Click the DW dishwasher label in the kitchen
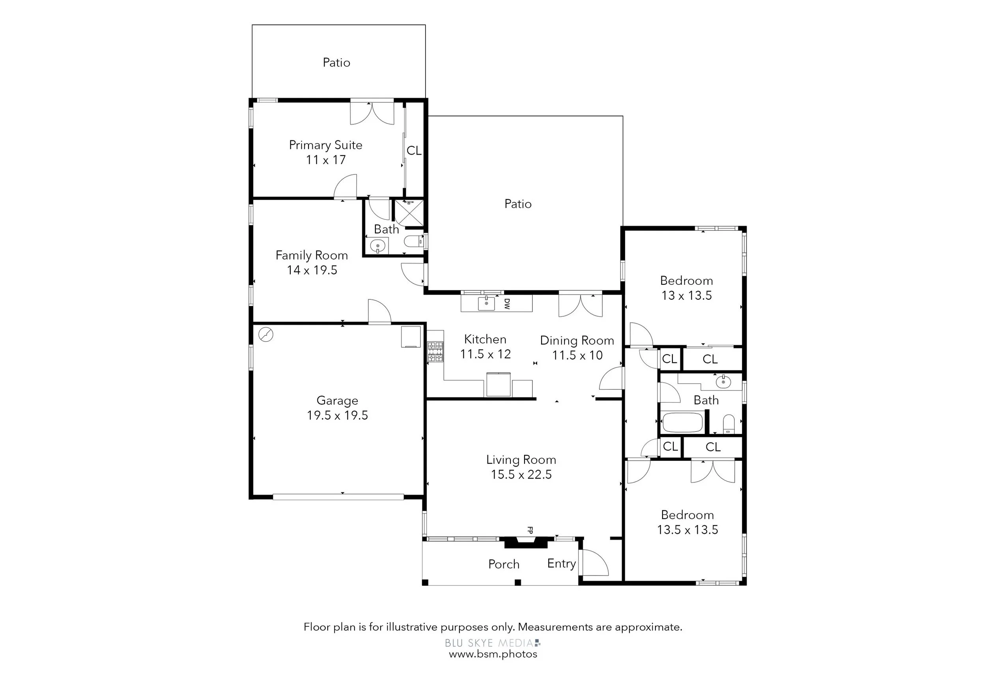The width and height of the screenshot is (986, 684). (507, 304)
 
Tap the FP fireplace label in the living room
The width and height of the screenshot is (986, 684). (530, 530)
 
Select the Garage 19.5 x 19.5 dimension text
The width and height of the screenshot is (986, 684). (337, 415)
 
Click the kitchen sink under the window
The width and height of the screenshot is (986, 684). (486, 303)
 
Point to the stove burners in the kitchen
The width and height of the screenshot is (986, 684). (435, 351)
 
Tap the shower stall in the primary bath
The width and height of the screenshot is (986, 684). (409, 212)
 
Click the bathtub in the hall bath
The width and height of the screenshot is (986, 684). (682, 422)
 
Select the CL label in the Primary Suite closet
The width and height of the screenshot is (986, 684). (414, 150)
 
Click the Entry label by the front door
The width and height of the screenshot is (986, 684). (561, 564)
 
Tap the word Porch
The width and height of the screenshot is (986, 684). (504, 564)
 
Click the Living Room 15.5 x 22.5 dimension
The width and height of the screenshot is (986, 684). (521, 475)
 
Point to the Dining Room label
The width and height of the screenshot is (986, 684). (577, 340)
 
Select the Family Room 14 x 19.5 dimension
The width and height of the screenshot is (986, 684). (312, 270)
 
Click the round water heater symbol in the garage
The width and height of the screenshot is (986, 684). (266, 334)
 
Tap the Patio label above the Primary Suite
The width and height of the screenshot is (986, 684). (336, 63)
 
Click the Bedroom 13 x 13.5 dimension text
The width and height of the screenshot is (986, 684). (687, 295)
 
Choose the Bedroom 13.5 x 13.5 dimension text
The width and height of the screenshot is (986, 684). (687, 530)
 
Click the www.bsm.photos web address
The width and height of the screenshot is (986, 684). (493, 654)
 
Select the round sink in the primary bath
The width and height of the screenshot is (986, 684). (377, 247)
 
